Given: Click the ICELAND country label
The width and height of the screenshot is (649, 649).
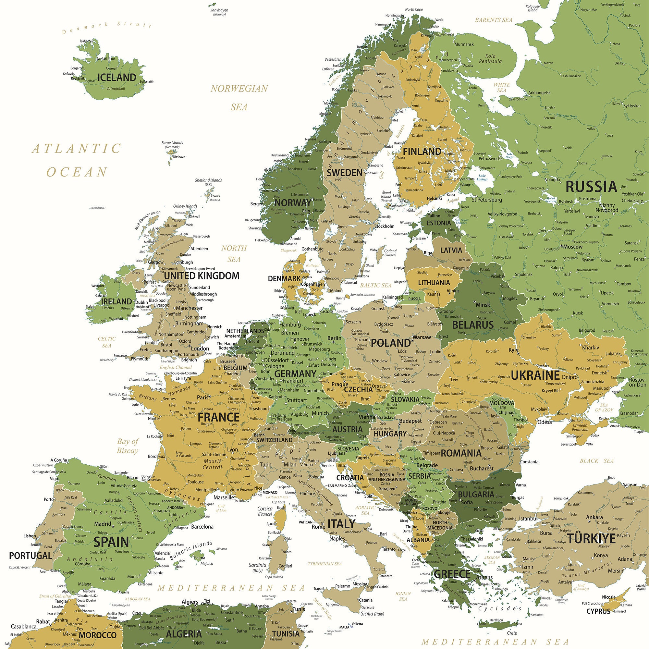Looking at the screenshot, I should (116, 77).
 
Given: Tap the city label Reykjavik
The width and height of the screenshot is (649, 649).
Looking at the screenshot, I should (78, 78).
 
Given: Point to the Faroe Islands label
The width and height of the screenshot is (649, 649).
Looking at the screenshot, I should (172, 143).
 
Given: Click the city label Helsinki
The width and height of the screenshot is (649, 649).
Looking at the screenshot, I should (435, 199).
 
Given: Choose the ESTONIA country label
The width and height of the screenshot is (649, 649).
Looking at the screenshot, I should (439, 223).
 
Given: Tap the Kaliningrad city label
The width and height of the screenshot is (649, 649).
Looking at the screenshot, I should (392, 297).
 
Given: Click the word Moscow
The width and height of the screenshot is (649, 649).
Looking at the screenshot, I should (573, 247).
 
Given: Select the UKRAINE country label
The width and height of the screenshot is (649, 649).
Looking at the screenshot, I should (535, 375).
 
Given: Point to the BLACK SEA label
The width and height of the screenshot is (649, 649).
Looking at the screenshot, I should (597, 461).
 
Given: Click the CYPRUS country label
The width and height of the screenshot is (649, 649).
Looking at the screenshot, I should (598, 611).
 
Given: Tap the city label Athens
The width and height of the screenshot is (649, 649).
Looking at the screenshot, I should (484, 578).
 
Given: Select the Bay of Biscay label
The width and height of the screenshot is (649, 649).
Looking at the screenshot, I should (127, 446).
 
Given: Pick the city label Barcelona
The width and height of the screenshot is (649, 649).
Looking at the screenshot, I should (202, 527).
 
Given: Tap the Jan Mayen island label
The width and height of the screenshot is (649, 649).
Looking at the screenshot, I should (219, 10).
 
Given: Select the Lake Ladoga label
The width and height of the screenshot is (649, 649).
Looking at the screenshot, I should (482, 178).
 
